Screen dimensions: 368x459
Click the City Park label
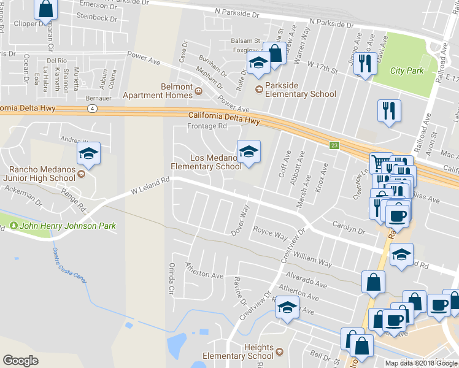(407, 71)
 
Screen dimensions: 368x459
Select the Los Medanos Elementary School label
(206, 162)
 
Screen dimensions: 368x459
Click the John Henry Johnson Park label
(67, 226)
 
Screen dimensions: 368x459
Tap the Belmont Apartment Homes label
(157, 91)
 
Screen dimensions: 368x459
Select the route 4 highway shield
(91, 109)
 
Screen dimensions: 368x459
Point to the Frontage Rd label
(207, 126)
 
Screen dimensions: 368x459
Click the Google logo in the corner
(20, 360)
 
